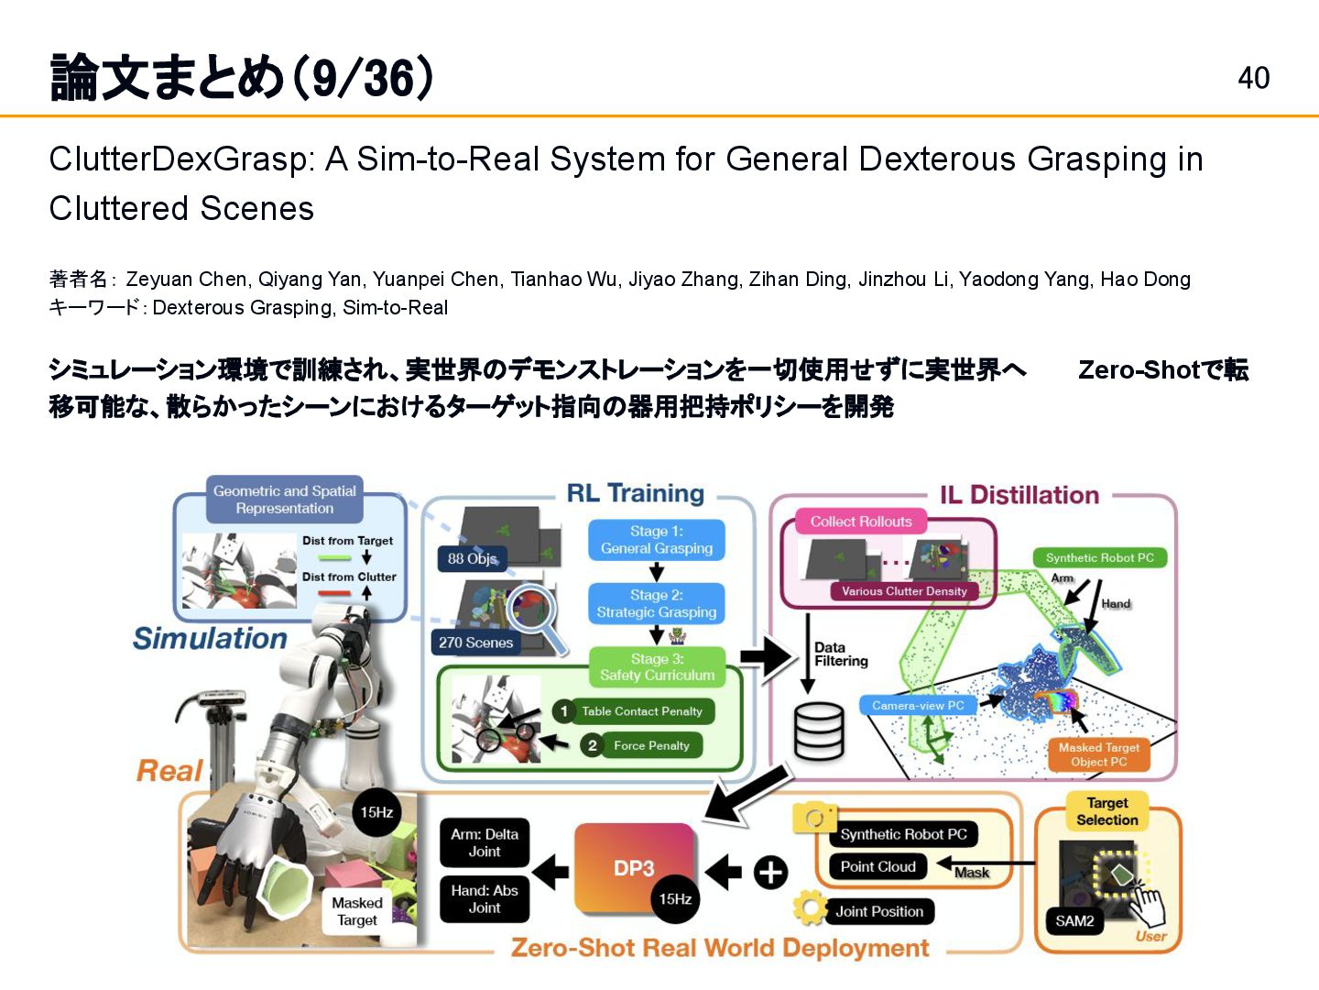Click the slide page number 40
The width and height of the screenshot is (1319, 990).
tap(1253, 78)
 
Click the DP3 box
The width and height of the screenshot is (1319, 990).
tap(634, 867)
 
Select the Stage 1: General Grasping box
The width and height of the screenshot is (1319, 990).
tap(656, 540)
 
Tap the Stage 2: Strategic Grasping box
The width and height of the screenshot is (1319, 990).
tap(656, 604)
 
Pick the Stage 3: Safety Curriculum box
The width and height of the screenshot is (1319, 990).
tap(656, 667)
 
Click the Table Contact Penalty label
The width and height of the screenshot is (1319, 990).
tap(641, 711)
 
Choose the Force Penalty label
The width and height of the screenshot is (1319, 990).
tap(650, 746)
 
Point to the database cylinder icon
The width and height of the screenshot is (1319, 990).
tap(818, 731)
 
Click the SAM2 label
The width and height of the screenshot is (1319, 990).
tap(1074, 921)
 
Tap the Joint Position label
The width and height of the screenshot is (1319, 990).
tap(878, 912)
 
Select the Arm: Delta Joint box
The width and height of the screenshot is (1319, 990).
tap(485, 842)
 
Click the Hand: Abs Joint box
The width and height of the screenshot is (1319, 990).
tap(485, 899)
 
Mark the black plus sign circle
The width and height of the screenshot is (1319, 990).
tap(770, 872)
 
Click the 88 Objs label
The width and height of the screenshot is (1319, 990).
tap(473, 558)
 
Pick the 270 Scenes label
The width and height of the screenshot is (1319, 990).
tap(475, 643)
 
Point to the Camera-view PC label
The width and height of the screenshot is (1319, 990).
tap(918, 706)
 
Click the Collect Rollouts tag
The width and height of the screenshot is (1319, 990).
tap(861, 522)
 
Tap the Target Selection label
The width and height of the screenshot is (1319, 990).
tap(1106, 811)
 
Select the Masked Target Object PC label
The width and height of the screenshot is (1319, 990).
tap(1099, 754)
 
